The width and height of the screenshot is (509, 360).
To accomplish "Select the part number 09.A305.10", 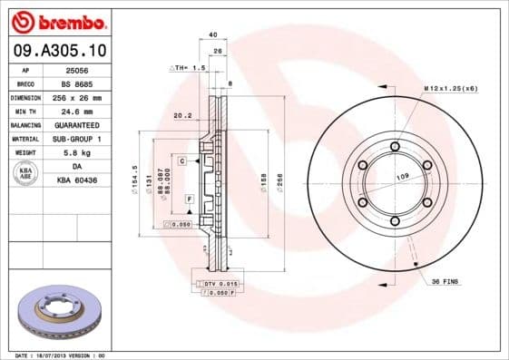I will coord(59,51).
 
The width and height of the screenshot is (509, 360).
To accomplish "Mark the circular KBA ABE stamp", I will coord(25,174).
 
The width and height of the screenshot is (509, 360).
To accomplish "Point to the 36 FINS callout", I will coord(445,282).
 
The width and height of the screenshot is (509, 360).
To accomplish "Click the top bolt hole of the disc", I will coord(396,145).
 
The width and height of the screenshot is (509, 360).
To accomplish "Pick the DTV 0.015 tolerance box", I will coord(219,285).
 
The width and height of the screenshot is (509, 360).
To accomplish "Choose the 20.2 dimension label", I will coord(181,115).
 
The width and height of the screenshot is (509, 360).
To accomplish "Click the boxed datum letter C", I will coord(182,161).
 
